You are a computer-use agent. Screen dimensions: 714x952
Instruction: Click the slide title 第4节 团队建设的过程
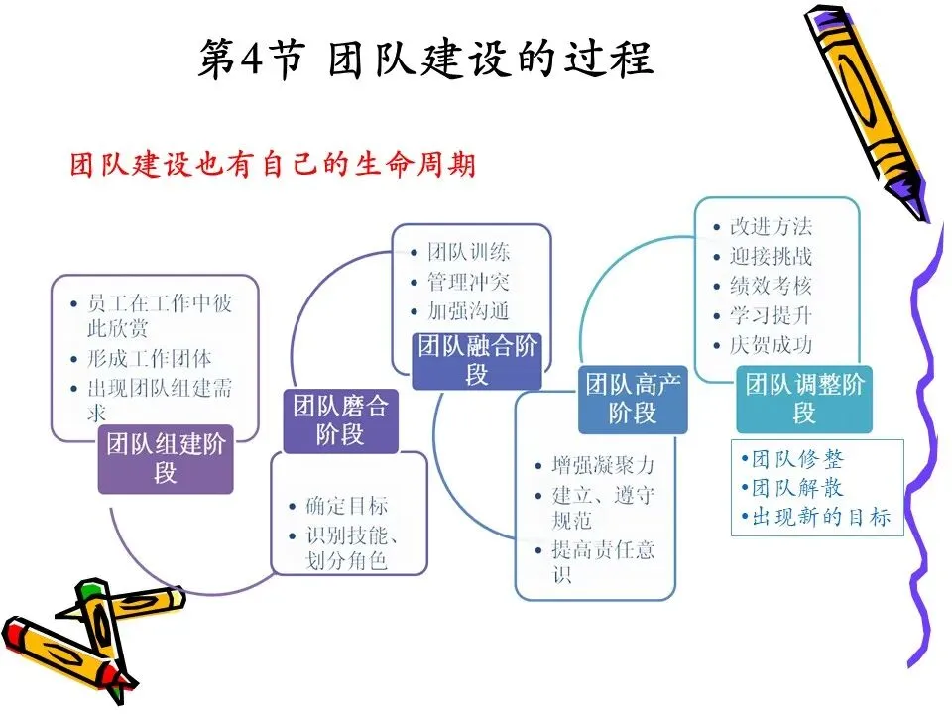coord(425,59)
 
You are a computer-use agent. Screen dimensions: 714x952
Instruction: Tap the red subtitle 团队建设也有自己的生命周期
coord(273,164)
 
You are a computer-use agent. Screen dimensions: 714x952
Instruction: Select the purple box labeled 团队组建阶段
coord(166,458)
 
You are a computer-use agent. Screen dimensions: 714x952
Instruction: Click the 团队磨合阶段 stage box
coord(340,419)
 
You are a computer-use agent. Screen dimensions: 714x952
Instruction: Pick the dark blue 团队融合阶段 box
coord(477,359)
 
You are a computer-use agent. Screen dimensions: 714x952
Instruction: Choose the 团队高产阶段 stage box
coord(633,399)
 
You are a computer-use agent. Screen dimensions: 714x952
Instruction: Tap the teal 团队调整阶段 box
coord(804,398)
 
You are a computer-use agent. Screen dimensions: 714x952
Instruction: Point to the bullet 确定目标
coord(347,506)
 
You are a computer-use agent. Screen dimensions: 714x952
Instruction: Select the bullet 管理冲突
coord(468,281)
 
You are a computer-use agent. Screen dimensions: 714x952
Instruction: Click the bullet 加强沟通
coord(468,310)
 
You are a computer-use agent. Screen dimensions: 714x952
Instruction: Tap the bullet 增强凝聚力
coord(603,465)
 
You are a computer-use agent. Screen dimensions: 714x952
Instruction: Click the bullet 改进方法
coord(771,226)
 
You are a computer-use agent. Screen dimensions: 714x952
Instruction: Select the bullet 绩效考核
coord(771,286)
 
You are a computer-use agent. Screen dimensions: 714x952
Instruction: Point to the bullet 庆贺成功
coord(771,345)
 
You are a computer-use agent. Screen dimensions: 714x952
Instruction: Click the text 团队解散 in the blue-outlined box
coord(797,488)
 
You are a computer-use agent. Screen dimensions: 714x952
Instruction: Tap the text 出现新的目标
coord(821,517)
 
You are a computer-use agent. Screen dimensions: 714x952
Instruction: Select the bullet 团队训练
coord(468,251)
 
